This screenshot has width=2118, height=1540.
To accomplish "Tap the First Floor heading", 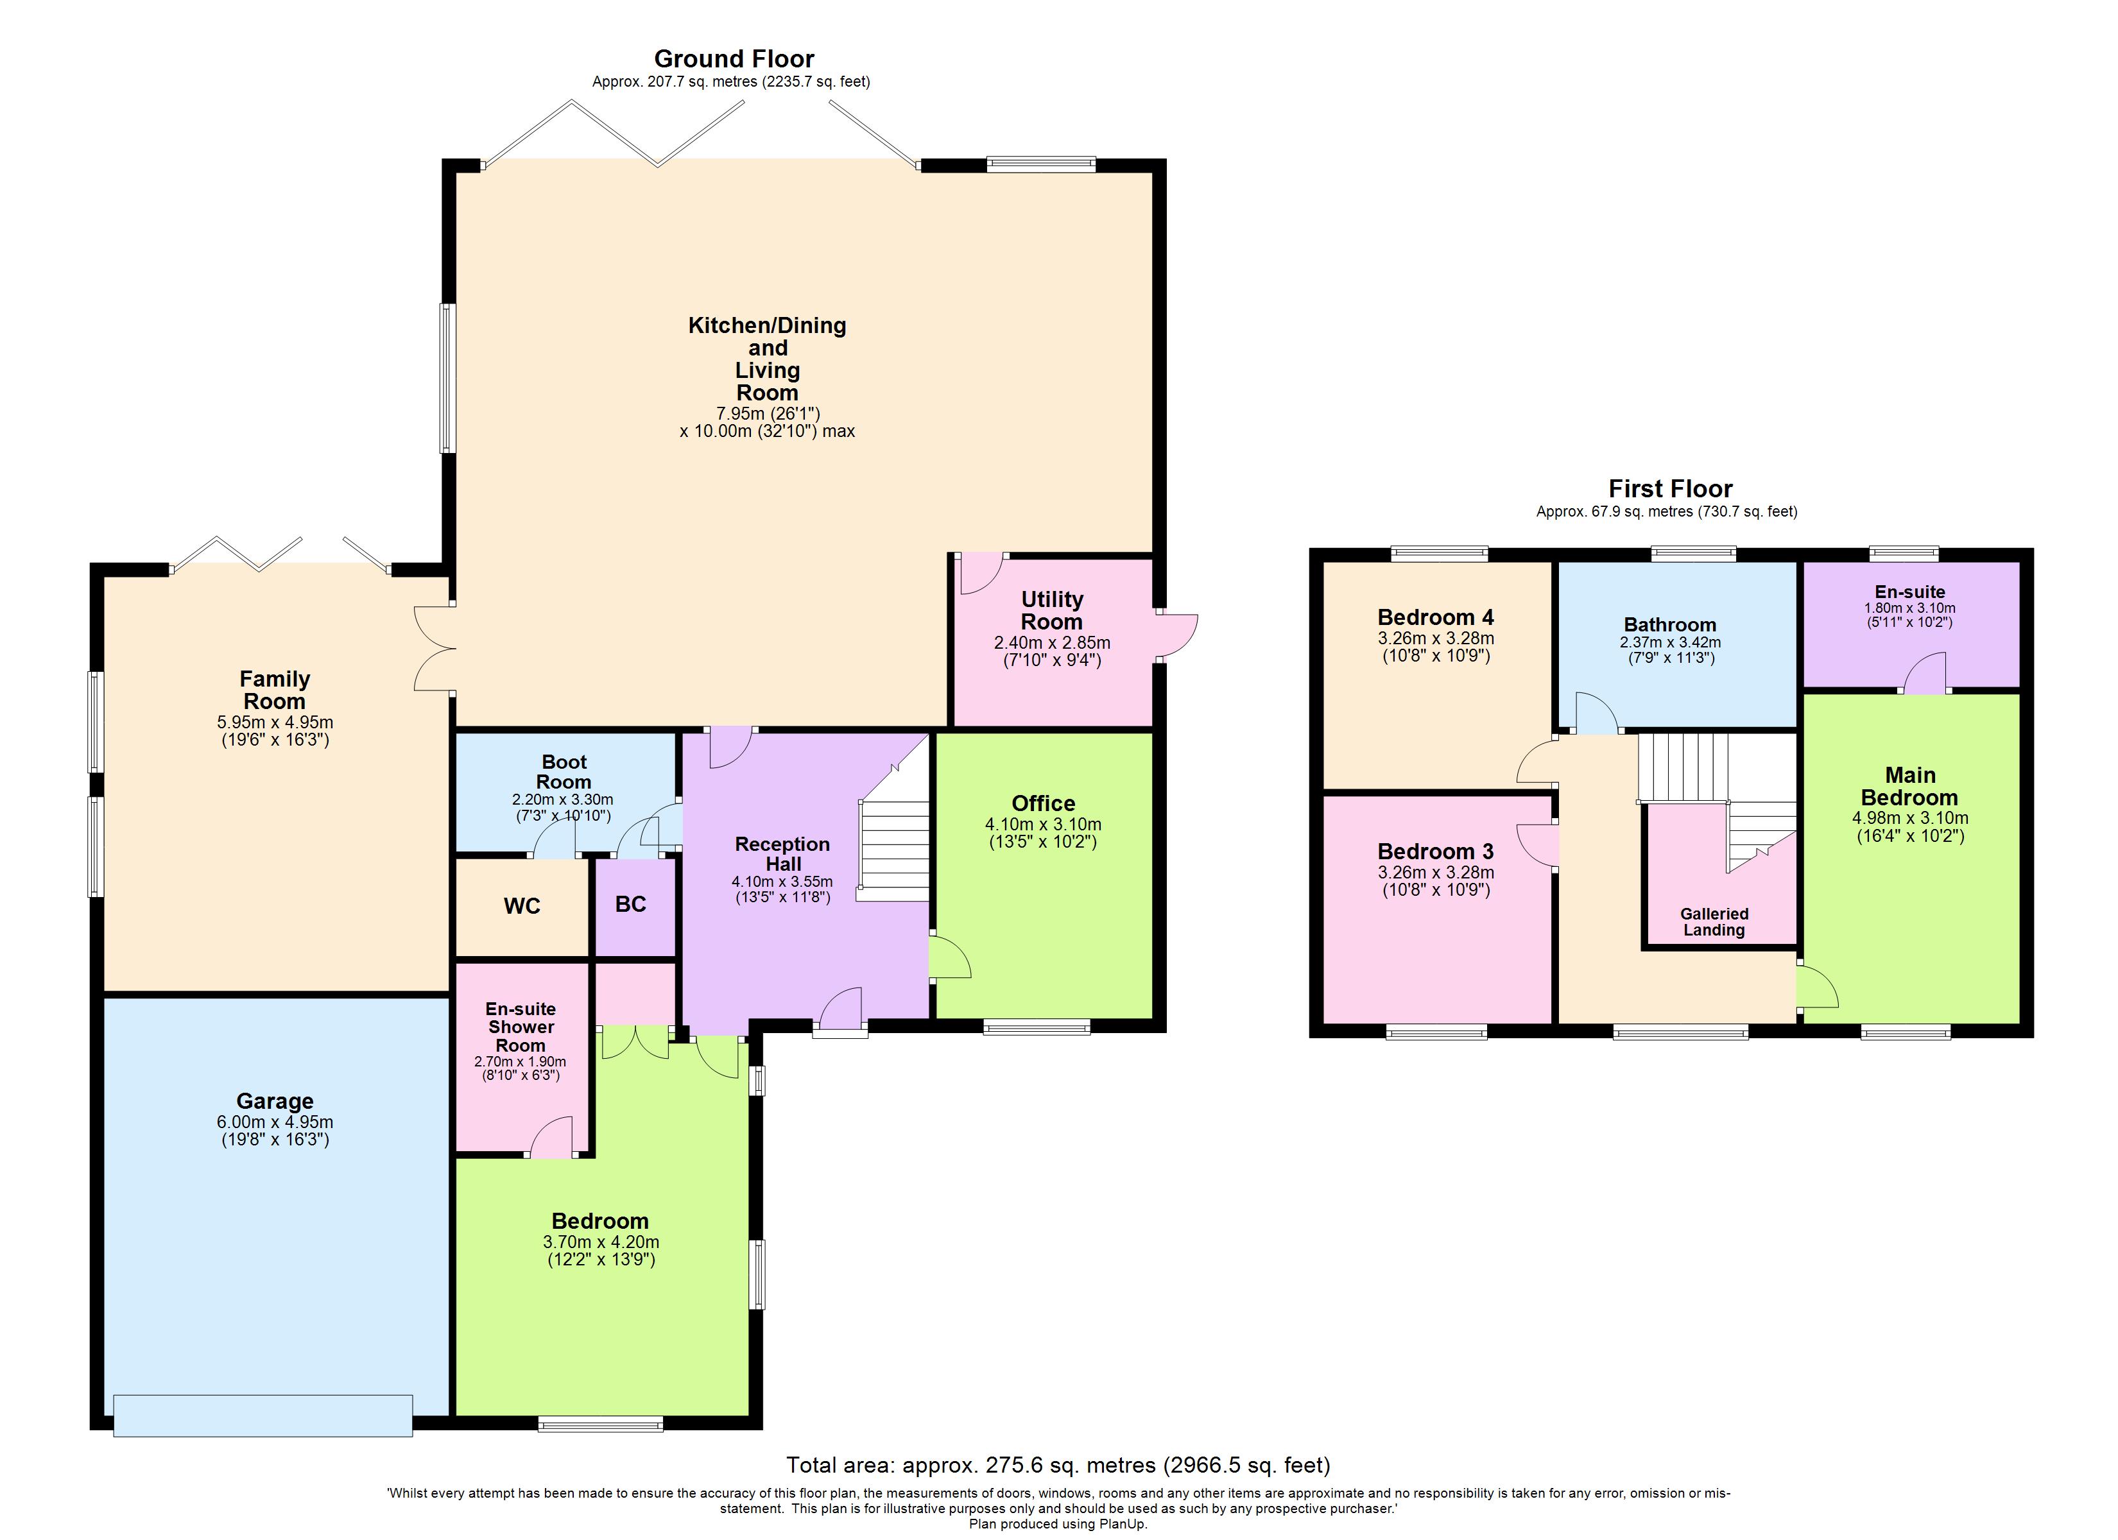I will [1670, 488].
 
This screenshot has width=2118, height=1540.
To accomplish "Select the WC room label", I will [521, 906].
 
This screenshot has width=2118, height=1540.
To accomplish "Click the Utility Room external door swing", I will [1178, 638].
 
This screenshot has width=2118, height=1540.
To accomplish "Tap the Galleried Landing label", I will [1714, 922].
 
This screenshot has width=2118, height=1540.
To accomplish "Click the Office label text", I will [1043, 803].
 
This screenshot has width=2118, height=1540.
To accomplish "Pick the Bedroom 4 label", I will [1435, 617].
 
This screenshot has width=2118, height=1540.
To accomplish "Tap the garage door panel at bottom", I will [263, 1416].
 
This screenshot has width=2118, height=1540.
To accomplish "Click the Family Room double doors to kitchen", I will [435, 649].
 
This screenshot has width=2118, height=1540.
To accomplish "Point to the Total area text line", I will [1058, 1466].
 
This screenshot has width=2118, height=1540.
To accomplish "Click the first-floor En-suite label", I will [1910, 591].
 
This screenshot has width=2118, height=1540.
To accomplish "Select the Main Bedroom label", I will [1910, 786].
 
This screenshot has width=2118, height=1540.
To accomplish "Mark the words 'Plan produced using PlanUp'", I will [1058, 1524].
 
